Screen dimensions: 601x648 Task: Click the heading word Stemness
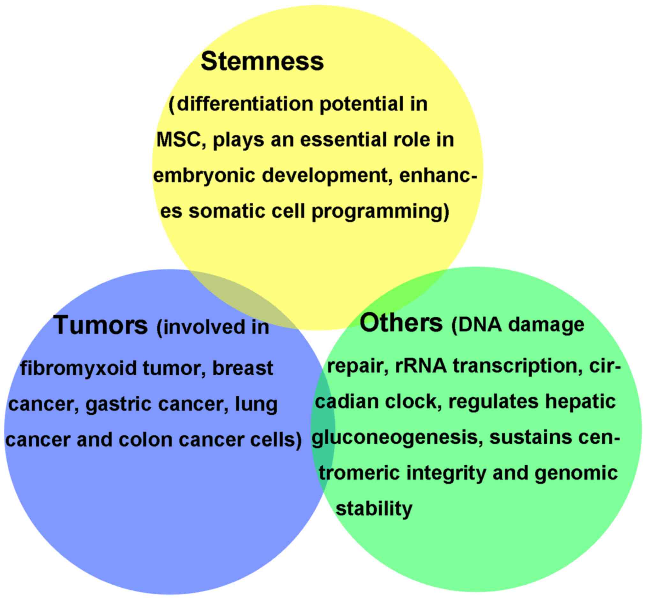click(x=262, y=62)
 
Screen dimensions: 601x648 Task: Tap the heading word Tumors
click(x=101, y=325)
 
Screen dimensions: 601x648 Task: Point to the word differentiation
click(x=245, y=104)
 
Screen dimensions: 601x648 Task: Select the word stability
click(x=374, y=508)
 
